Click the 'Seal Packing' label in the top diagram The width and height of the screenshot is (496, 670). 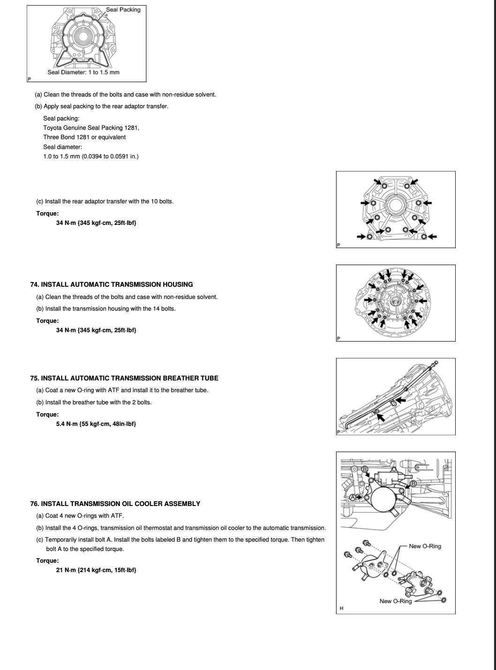click(123, 9)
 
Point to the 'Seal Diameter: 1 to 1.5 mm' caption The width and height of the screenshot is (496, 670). click(83, 72)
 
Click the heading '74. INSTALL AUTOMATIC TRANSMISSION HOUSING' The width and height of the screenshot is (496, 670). click(111, 284)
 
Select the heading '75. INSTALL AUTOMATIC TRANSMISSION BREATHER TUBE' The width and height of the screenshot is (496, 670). click(124, 378)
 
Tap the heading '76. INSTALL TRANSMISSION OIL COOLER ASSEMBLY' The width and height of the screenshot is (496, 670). click(115, 504)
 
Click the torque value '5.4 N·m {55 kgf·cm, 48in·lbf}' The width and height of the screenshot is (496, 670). click(96, 424)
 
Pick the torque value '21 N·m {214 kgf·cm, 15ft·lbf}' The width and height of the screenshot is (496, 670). click(96, 570)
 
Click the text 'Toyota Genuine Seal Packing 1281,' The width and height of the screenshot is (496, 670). click(91, 128)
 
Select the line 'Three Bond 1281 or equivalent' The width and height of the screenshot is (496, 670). click(84, 137)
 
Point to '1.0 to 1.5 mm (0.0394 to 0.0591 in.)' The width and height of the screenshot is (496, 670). click(90, 156)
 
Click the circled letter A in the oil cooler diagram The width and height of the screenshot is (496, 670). click(353, 497)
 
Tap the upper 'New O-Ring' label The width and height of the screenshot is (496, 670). click(425, 546)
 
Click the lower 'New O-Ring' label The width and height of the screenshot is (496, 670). click(395, 601)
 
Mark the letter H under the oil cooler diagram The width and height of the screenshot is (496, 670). click(341, 608)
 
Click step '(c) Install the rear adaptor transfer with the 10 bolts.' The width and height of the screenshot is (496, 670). click(105, 201)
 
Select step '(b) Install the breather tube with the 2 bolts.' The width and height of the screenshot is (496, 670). click(94, 402)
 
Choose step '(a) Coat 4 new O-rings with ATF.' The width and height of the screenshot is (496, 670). click(80, 516)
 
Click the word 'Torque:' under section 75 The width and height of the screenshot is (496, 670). click(47, 415)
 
